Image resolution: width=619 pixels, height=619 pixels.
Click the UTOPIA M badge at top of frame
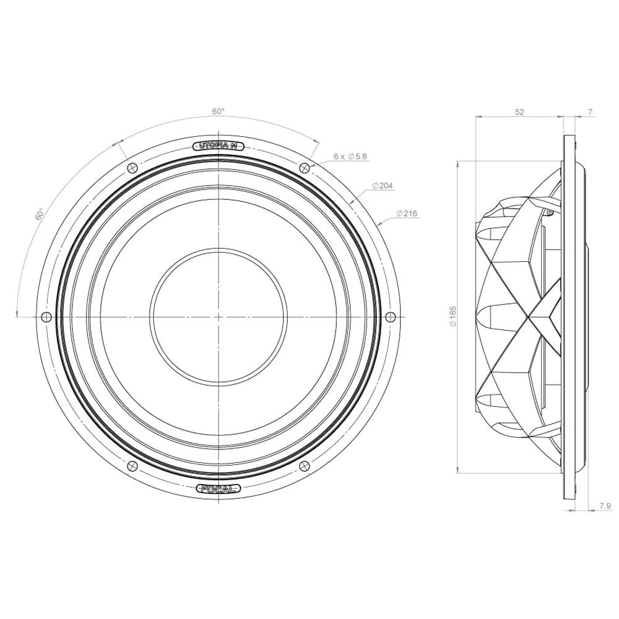[x=219, y=146]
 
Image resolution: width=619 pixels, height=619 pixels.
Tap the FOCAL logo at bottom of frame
[x=219, y=489]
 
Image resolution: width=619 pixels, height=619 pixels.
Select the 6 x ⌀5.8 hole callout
[x=350, y=157]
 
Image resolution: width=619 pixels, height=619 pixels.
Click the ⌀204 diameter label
[x=383, y=186]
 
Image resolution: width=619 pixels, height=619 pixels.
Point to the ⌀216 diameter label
[x=407, y=214]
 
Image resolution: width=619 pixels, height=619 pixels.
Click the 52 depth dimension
[x=519, y=112]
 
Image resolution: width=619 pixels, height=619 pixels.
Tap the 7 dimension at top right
[x=590, y=112]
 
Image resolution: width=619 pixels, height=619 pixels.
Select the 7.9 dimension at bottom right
[x=605, y=506]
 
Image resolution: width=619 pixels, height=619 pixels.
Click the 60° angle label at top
[x=219, y=111]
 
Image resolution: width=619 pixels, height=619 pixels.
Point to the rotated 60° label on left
[x=40, y=214]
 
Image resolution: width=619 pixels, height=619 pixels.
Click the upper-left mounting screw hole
[x=132, y=168]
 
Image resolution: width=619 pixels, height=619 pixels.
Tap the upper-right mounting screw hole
[x=305, y=168]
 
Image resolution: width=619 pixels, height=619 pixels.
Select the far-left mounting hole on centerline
[x=46, y=317]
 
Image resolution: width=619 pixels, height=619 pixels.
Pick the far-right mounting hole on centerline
[x=390, y=317]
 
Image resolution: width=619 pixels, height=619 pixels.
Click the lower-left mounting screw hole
[x=132, y=466]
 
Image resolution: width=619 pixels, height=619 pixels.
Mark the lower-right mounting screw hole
[x=305, y=466]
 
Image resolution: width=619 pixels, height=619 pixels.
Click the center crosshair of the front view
[x=219, y=317]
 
